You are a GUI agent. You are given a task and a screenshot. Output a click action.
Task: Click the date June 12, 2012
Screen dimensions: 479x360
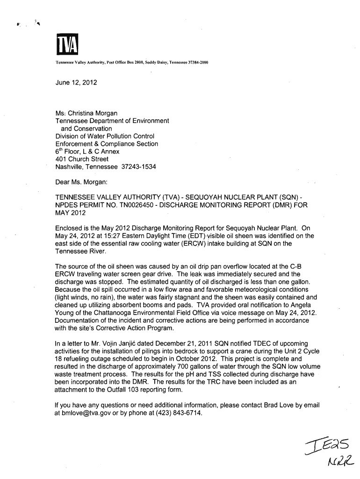tap(76, 82)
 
